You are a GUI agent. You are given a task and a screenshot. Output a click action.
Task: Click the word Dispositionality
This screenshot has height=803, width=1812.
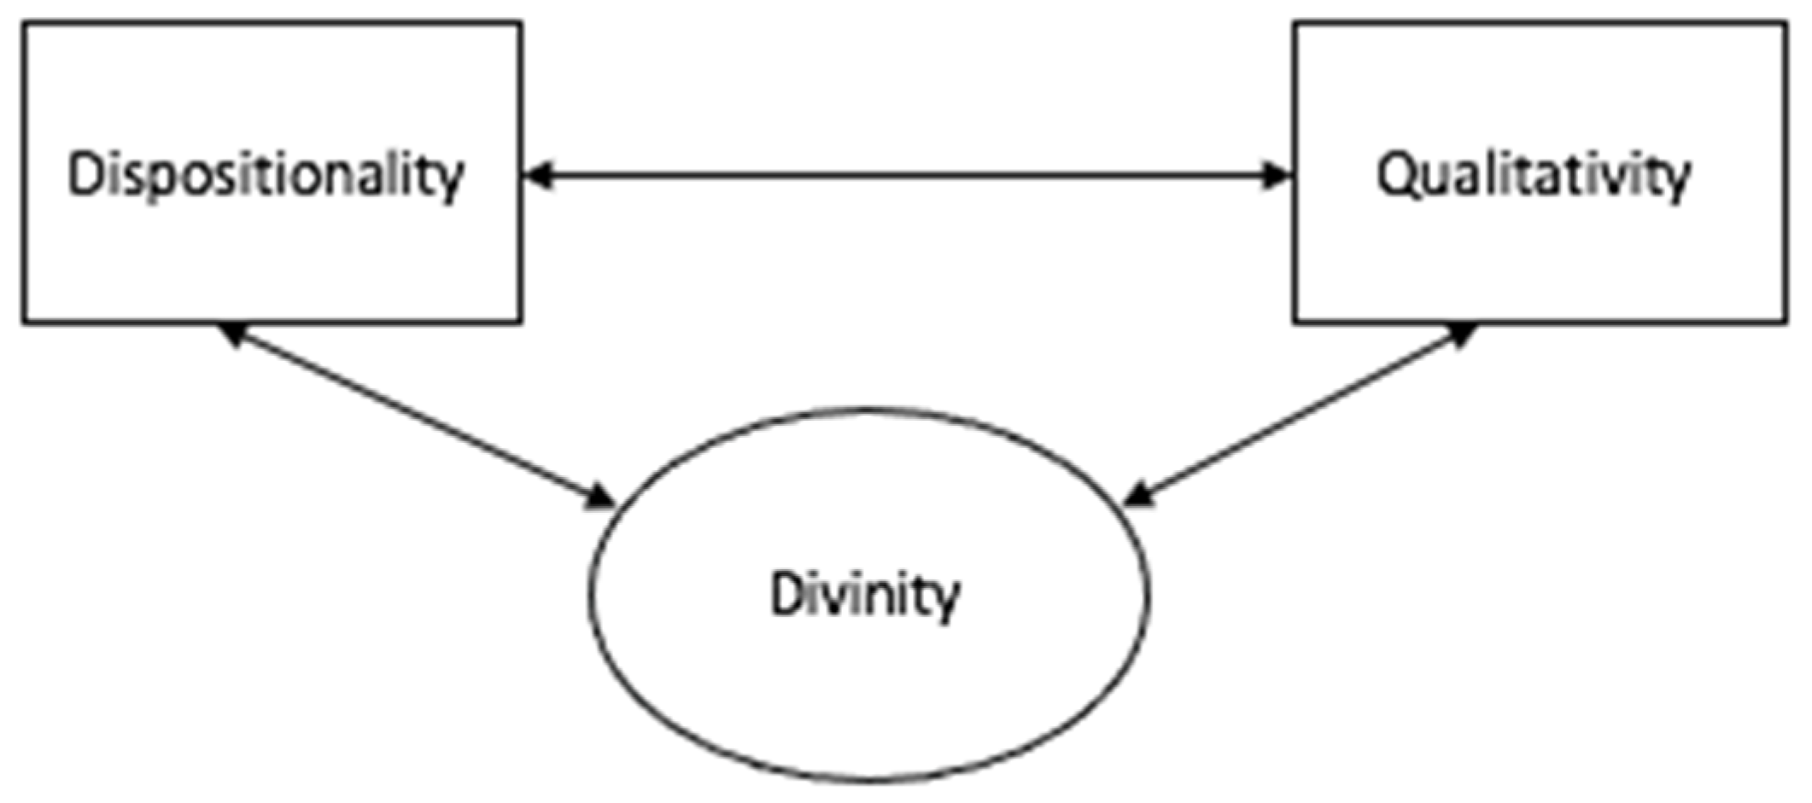point(266,176)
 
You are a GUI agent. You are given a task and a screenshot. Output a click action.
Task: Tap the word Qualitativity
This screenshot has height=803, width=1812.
point(1534,176)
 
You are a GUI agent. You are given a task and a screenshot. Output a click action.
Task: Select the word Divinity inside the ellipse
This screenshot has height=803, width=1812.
point(865,595)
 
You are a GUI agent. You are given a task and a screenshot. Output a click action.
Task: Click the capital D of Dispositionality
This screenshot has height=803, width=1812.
point(84,174)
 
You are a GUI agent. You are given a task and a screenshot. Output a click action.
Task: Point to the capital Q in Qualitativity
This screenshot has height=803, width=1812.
point(1395,176)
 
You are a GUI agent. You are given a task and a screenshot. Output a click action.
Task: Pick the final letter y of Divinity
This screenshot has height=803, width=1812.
point(945,600)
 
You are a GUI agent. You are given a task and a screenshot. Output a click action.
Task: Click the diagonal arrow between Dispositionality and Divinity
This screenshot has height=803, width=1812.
point(417,416)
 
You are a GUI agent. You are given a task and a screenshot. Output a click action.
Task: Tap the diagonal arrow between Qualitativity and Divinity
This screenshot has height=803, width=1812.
point(1300,415)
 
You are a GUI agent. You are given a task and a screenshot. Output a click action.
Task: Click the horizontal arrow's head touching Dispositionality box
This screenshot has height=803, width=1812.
point(538,176)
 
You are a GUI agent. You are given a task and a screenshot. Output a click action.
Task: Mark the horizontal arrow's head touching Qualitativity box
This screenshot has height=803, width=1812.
point(1276,176)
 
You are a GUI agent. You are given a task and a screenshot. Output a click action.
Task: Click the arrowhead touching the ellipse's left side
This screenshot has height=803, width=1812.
point(599,498)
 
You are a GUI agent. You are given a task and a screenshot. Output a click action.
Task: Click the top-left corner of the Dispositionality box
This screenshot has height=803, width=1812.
point(24,24)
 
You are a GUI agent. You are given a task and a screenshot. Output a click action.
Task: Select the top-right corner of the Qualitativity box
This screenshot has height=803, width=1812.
point(1786,24)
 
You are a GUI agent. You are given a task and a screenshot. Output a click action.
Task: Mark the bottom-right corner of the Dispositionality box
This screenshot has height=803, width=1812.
point(521,322)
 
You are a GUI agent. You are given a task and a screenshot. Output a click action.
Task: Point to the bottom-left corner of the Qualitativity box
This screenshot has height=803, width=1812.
point(1295,322)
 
